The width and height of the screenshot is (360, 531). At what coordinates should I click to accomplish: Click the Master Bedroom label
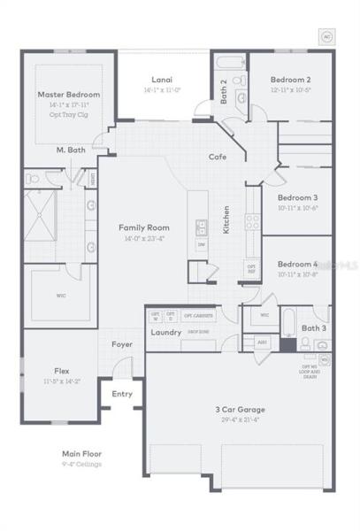(68, 94)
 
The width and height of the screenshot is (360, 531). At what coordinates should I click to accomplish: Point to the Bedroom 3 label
(297, 197)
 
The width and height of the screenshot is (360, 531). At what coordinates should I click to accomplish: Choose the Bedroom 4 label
(297, 264)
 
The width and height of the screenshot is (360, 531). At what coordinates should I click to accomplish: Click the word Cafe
(218, 157)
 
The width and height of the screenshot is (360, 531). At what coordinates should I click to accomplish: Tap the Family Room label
(143, 227)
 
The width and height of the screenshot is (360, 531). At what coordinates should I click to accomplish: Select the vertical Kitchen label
(226, 219)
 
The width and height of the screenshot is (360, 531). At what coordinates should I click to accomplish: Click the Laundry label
(166, 333)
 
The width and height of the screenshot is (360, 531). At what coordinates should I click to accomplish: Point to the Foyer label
(122, 344)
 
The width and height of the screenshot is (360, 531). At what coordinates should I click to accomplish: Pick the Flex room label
(62, 371)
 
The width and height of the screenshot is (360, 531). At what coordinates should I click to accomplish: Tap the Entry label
(121, 393)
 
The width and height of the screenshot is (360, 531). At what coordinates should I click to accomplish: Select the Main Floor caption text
(81, 453)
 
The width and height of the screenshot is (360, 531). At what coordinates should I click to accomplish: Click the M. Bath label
(70, 150)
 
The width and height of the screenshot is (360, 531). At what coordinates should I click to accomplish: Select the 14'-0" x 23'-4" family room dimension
(143, 239)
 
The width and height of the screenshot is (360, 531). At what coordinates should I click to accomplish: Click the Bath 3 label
(312, 328)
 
